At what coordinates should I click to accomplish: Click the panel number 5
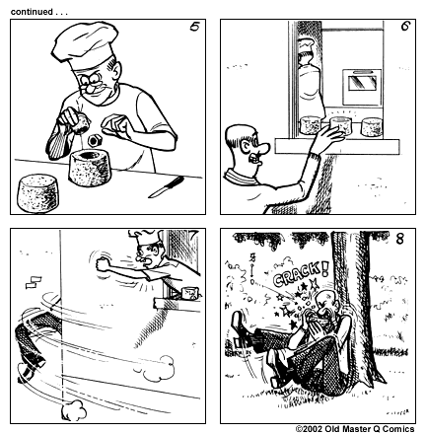pos(194,28)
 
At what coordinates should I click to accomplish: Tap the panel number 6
pos(404,27)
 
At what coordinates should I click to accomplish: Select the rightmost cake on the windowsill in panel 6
pos(372,127)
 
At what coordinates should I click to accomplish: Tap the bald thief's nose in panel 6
pos(260,150)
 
